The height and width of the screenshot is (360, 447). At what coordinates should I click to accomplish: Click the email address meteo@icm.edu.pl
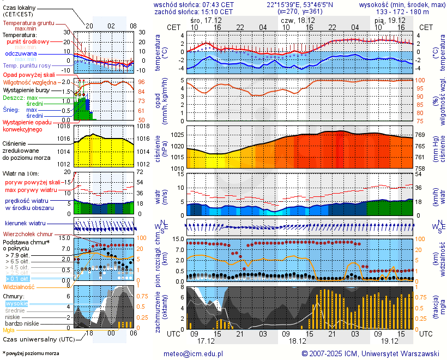pyautogui.click(x=194, y=353)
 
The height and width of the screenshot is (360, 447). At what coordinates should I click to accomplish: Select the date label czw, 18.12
pyautogui.click(x=294, y=20)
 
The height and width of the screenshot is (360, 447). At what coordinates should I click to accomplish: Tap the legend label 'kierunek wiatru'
pyautogui.click(x=25, y=224)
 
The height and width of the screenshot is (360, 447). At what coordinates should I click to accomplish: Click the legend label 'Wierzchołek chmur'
pyautogui.click(x=28, y=233)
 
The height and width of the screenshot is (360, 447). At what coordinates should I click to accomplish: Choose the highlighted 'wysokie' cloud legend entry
pyautogui.click(x=16, y=303)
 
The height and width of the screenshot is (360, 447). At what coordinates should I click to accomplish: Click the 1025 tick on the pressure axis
pyautogui.click(x=176, y=135)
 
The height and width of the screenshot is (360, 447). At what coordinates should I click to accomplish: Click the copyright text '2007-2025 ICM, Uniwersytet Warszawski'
pyautogui.click(x=370, y=353)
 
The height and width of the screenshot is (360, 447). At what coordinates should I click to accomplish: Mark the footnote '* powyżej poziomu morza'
pyautogui.click(x=31, y=353)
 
